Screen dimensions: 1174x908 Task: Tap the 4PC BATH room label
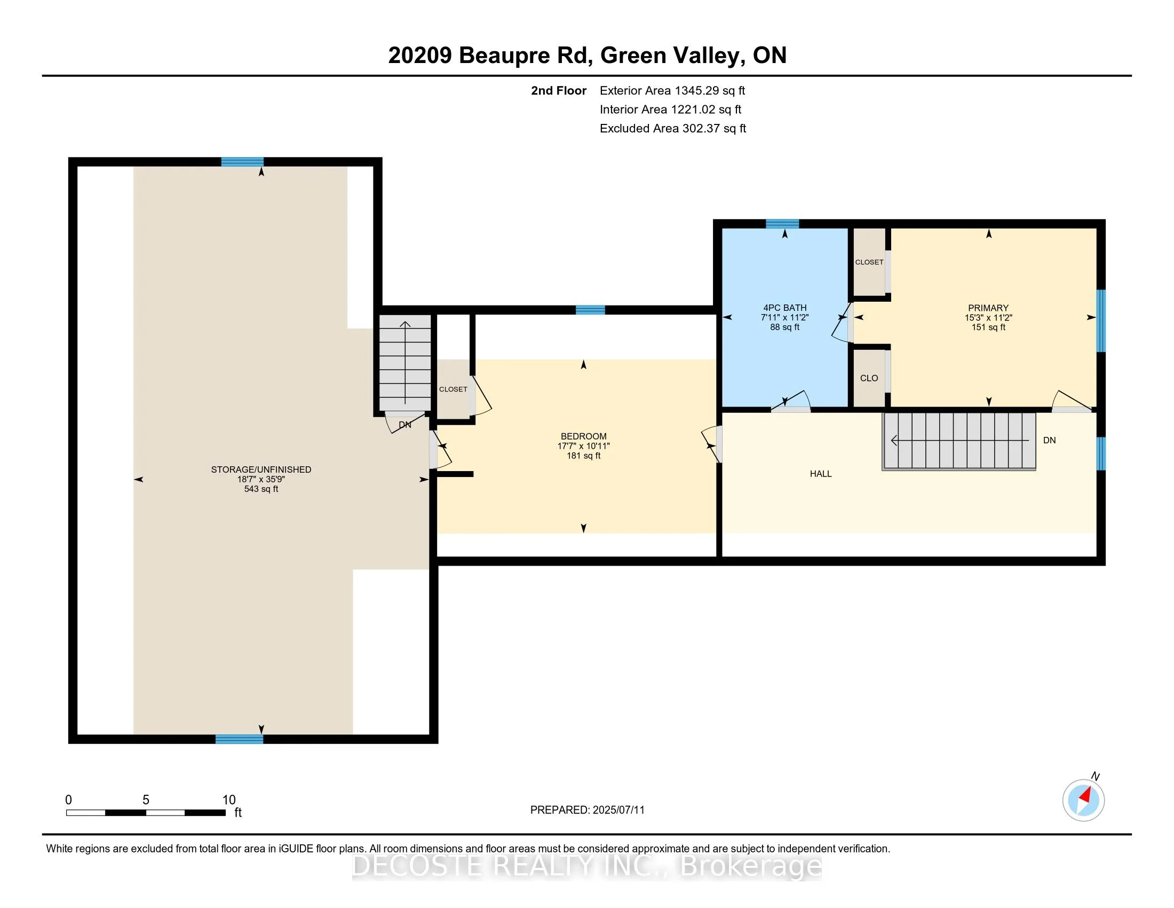click(785, 308)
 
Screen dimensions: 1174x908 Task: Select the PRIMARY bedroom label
click(988, 308)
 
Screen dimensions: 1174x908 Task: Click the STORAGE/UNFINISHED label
click(261, 469)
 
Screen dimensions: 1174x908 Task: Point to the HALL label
click(821, 474)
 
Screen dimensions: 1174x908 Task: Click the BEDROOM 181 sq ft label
click(584, 446)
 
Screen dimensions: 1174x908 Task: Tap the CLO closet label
click(869, 378)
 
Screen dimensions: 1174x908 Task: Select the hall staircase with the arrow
click(959, 441)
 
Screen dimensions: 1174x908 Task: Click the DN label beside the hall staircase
click(1049, 440)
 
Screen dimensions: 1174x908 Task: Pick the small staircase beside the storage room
click(406, 363)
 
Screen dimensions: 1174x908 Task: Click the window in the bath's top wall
click(782, 224)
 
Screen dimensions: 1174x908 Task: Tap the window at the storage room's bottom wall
click(239, 739)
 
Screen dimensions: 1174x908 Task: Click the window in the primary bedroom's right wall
click(1101, 320)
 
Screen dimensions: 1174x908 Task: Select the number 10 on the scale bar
click(229, 800)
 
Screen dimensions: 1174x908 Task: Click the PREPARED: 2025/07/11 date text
click(588, 810)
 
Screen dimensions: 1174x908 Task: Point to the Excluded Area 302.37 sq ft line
click(673, 129)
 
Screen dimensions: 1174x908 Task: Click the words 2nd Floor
click(559, 91)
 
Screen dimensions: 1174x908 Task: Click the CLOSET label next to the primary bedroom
click(869, 262)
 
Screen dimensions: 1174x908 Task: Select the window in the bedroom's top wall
click(590, 310)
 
